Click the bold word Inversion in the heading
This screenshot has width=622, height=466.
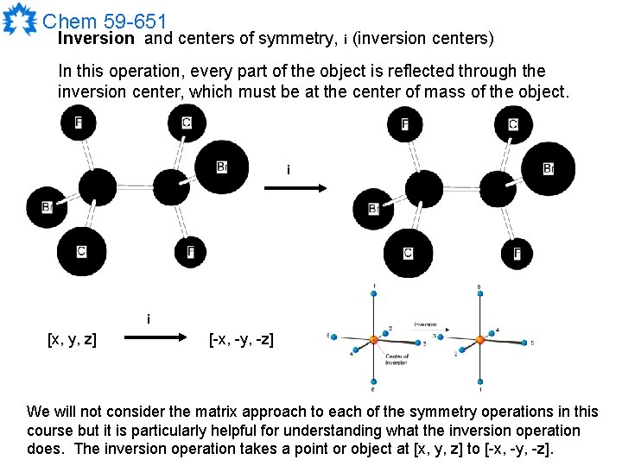pos(95,39)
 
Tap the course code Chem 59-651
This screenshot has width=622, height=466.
pos(104,20)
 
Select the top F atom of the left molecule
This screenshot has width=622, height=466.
pos(79,123)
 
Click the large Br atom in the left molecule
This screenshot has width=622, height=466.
pos(221,167)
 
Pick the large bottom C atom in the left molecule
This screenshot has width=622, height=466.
pos(82,250)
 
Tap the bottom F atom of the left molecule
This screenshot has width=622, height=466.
pos(190,252)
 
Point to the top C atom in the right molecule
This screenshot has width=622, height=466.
pos(513,124)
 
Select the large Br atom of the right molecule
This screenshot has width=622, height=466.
pos(548,168)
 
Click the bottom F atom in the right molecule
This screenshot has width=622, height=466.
pos(517,253)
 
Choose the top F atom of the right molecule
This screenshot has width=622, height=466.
pos(405,124)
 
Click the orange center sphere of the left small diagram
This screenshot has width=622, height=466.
pos(372,339)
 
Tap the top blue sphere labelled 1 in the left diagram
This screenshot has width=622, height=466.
pos(373,295)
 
